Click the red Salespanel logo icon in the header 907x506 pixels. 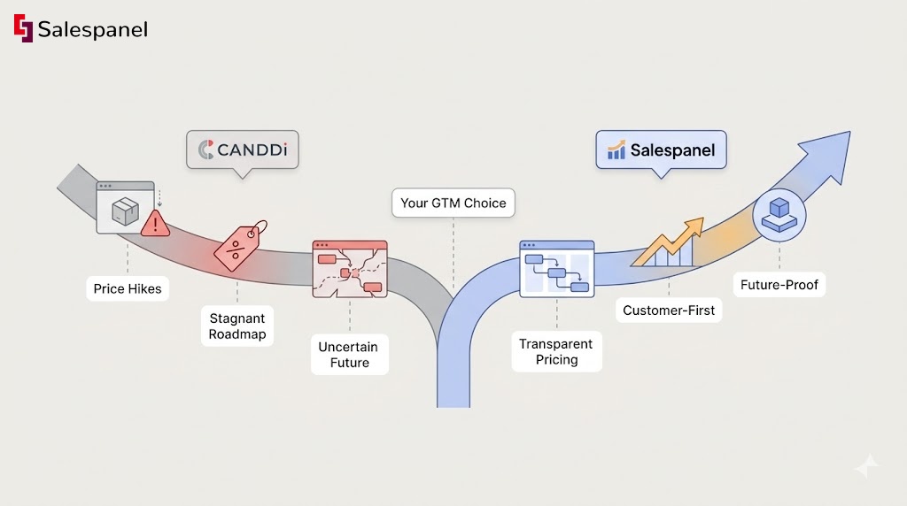click(23, 28)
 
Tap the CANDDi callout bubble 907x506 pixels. click(242, 150)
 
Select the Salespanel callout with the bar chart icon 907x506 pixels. click(661, 150)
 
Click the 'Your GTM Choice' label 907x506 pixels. click(453, 203)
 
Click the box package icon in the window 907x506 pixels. click(123, 210)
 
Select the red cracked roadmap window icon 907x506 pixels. click(350, 267)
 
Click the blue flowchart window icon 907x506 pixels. click(556, 267)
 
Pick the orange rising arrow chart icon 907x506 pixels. click(669, 243)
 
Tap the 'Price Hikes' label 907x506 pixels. click(128, 288)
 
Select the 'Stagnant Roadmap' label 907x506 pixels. click(236, 326)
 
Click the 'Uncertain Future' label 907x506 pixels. click(349, 354)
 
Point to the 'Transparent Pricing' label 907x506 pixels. click(556, 351)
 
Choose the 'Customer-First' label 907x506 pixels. click(669, 310)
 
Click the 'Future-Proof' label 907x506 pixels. click(779, 285)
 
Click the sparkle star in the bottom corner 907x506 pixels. click(867, 467)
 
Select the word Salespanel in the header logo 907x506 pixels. click(92, 29)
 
